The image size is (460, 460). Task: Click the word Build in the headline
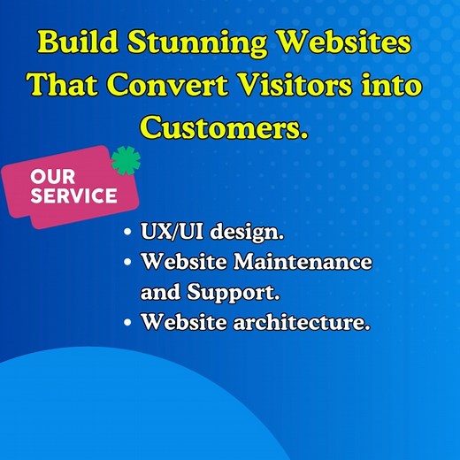[x=77, y=42]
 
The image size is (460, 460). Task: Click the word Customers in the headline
[x=223, y=128]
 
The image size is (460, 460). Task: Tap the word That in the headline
[x=64, y=86]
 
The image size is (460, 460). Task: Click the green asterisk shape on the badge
[x=126, y=161]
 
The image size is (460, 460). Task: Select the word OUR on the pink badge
[x=52, y=177]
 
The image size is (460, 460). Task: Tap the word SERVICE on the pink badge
[x=73, y=195]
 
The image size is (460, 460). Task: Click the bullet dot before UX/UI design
[x=128, y=234]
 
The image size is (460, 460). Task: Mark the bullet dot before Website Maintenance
[x=128, y=263]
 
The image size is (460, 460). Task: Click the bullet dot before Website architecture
[x=128, y=323]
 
